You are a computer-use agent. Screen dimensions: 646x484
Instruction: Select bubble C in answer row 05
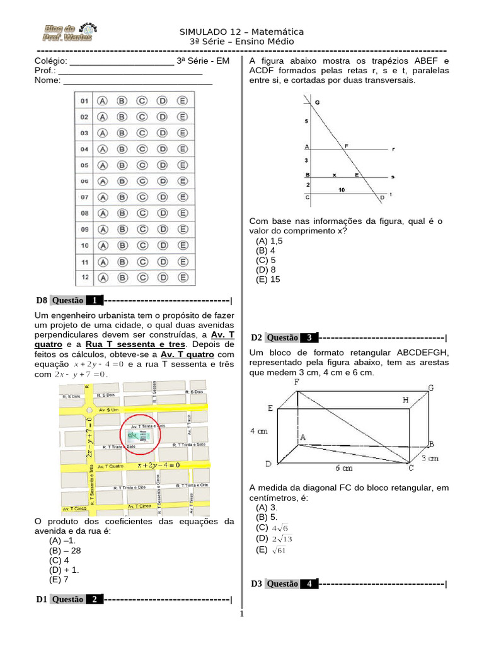click(142, 165)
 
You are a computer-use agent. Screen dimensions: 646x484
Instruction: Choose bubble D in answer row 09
click(162, 230)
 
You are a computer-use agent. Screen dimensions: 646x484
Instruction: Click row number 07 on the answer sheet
click(84, 197)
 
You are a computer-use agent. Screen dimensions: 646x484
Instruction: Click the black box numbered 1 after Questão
click(94, 300)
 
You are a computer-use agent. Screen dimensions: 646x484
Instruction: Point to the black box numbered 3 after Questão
click(309, 338)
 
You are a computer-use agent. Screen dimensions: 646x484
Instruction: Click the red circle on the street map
click(141, 433)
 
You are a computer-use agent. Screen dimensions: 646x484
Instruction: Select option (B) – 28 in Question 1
click(65, 550)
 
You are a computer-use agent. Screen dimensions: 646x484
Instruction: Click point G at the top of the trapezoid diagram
click(316, 102)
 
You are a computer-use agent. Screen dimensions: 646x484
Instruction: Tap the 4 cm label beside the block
click(259, 432)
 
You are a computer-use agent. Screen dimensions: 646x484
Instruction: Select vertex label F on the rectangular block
click(296, 382)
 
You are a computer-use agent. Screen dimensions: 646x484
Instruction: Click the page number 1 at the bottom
click(241, 613)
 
